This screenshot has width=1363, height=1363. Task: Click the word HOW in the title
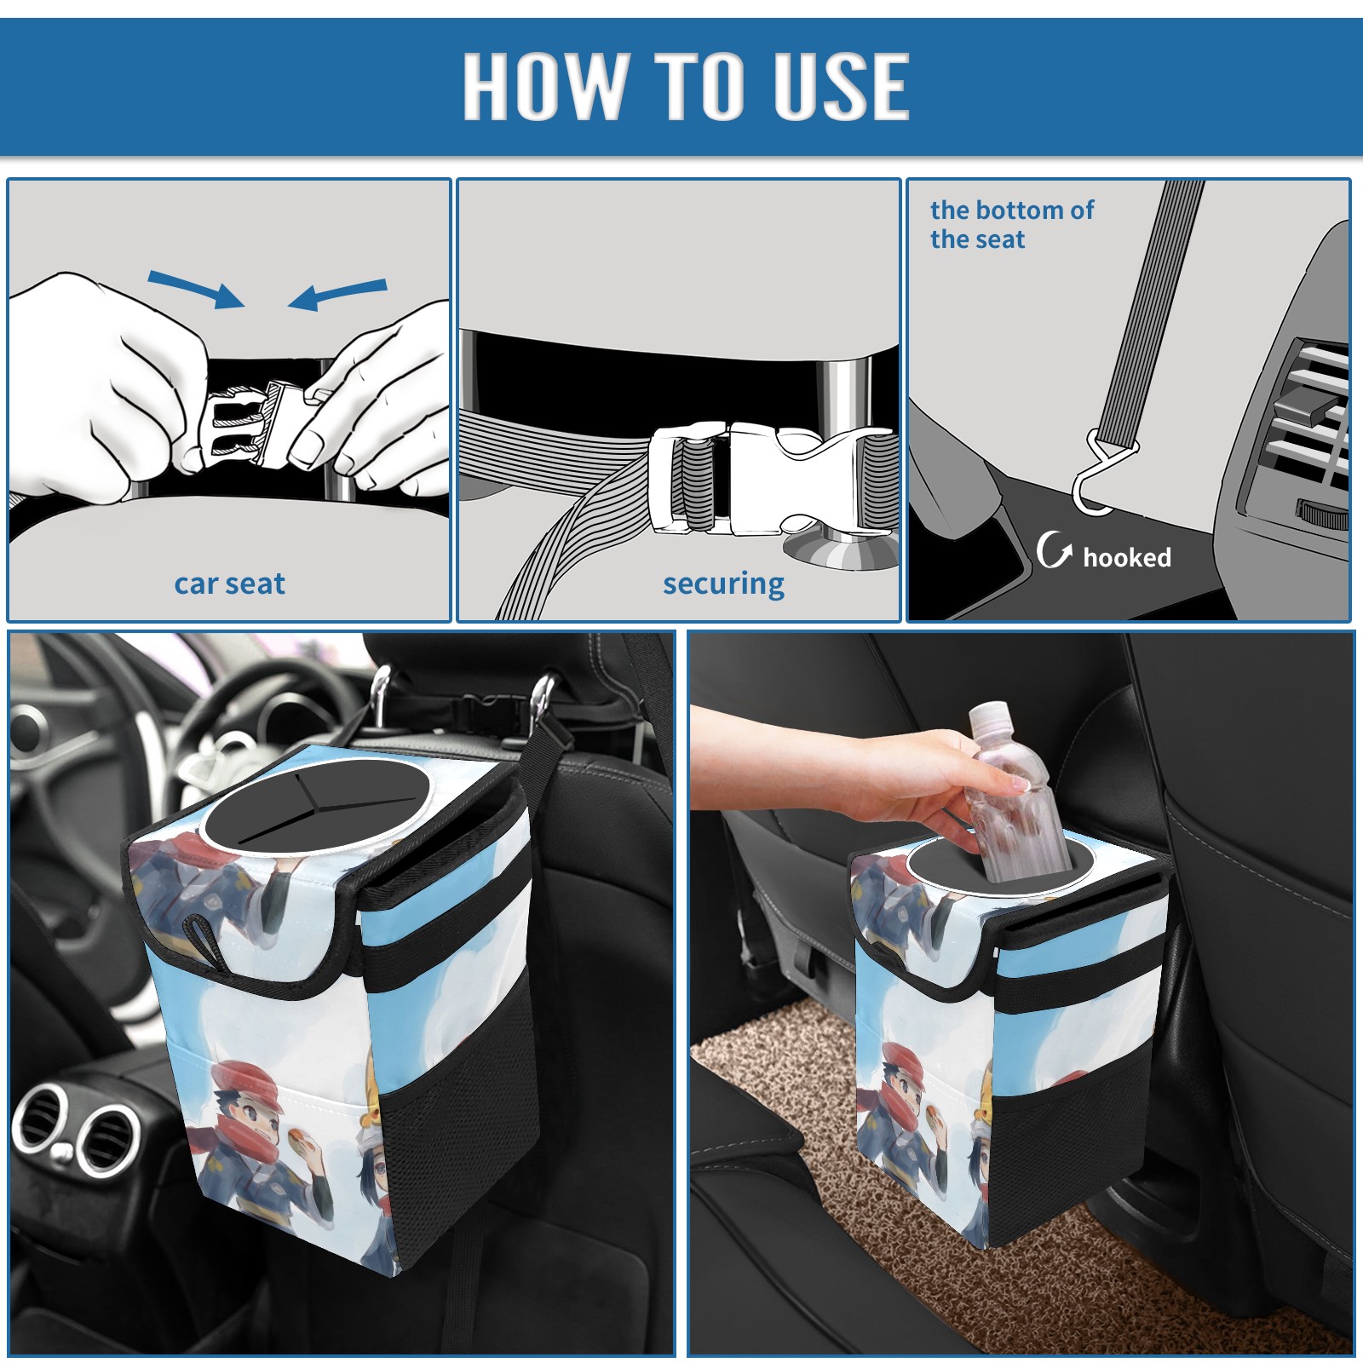[x=543, y=85]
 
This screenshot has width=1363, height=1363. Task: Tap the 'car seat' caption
[x=229, y=584]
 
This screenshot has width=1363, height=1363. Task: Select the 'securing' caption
[x=723, y=584]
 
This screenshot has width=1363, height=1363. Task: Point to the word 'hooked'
[x=1127, y=557]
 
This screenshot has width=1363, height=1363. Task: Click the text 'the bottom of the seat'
[x=1011, y=224]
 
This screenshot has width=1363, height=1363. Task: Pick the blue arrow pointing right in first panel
[x=196, y=289]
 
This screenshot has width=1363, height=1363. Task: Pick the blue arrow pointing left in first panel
[x=337, y=295]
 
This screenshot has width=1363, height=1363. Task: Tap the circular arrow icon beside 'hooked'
[x=1054, y=549]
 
